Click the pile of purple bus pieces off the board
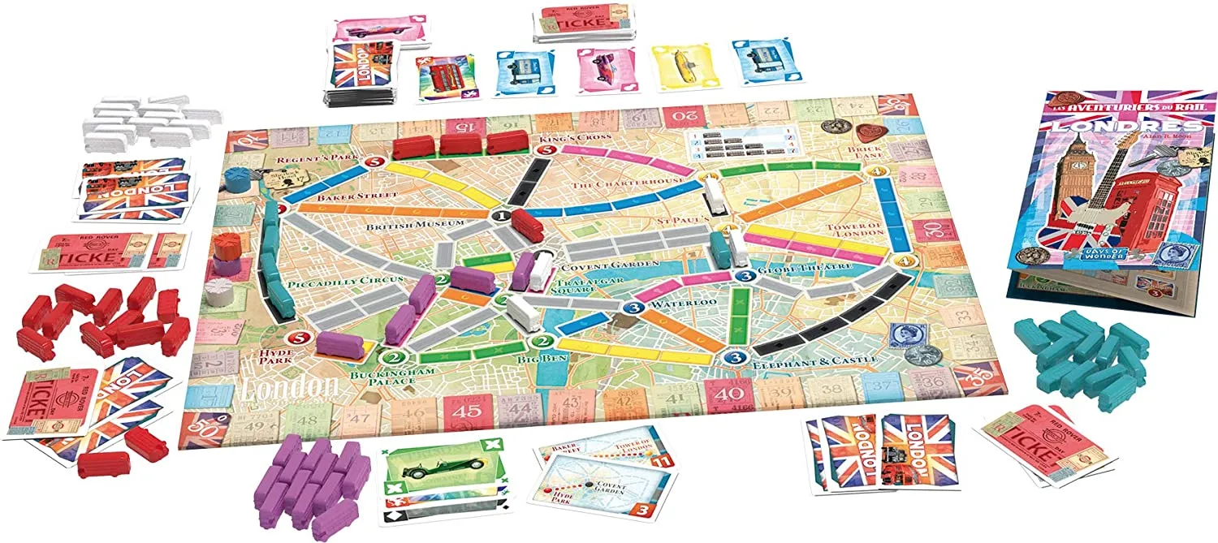coord(308,481)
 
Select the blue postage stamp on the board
coord(902,334)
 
